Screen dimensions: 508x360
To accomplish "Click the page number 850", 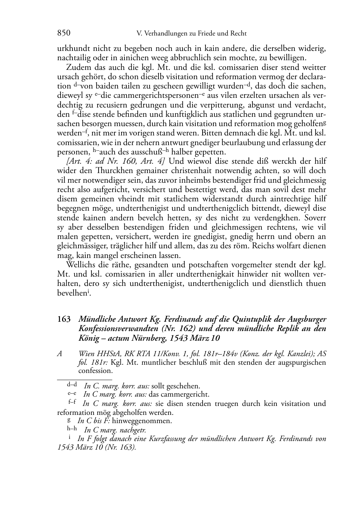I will coord(63,33).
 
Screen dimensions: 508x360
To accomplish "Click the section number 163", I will coord(64,319).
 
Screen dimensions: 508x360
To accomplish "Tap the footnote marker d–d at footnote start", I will coord(72,385).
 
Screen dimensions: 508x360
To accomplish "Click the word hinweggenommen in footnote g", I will coord(142,421).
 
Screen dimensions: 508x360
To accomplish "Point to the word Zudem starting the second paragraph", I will coord(76,67).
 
